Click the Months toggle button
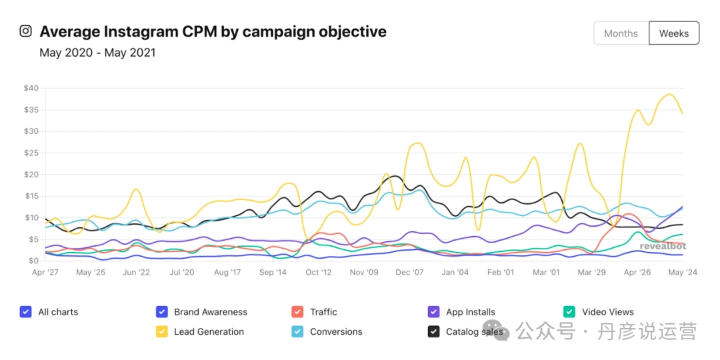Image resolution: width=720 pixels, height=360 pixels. click(x=621, y=33)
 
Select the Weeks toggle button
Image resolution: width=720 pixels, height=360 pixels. click(x=673, y=33)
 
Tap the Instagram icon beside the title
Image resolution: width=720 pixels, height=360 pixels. click(x=25, y=31)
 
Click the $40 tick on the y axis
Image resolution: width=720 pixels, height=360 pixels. click(x=31, y=88)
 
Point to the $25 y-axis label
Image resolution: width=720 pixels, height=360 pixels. click(x=31, y=153)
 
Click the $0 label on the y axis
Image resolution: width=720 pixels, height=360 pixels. click(x=33, y=261)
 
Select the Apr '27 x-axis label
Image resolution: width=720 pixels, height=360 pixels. click(x=45, y=273)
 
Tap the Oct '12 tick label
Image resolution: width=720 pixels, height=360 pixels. click(x=318, y=273)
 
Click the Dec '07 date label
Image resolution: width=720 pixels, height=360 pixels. click(x=410, y=273)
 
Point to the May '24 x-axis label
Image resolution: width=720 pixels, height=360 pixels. click(x=683, y=273)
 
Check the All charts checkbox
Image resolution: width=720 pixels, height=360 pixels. click(x=25, y=311)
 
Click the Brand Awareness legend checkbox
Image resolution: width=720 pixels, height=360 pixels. click(x=161, y=311)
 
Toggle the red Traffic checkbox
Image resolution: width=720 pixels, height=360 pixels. click(x=297, y=311)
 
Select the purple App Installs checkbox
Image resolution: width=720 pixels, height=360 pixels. click(x=433, y=311)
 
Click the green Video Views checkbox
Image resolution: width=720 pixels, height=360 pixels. click(x=569, y=311)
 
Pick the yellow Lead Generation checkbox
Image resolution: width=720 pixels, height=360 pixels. click(x=161, y=331)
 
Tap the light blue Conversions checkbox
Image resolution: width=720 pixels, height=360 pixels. click(x=297, y=331)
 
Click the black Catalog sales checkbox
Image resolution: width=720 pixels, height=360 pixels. click(x=433, y=331)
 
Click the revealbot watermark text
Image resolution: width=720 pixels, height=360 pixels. click(x=663, y=246)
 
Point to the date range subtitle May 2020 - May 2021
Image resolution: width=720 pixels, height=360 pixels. click(x=97, y=53)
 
